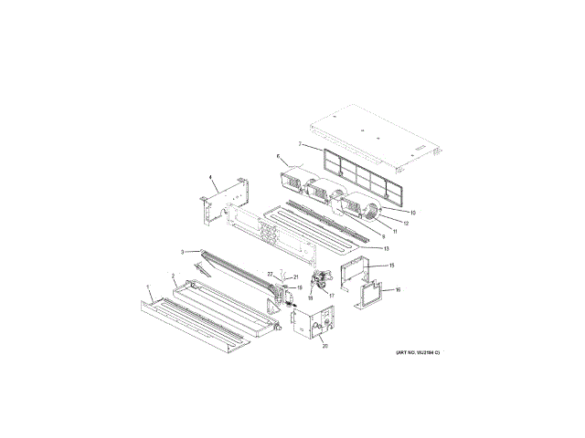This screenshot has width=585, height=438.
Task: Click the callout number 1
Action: click(148, 287)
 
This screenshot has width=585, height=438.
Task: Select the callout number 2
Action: click(174, 275)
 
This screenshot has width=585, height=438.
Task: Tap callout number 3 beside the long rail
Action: click(183, 252)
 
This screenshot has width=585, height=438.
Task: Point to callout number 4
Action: click(211, 178)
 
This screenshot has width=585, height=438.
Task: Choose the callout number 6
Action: click(278, 156)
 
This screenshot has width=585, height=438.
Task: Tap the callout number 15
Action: click(390, 266)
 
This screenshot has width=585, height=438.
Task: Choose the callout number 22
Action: click(270, 274)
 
